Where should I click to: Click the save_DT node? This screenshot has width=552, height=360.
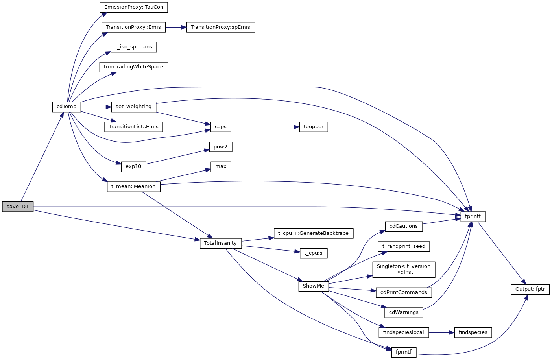click(18, 207)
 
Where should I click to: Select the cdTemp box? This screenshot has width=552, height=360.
click(66, 107)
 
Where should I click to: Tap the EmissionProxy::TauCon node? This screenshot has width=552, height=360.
click(134, 7)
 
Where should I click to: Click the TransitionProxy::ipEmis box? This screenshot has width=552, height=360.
click(220, 27)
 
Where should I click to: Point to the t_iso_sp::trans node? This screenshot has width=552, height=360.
click(133, 47)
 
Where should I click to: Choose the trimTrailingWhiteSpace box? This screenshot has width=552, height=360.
click(133, 67)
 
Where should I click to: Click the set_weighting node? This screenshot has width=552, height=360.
click(133, 107)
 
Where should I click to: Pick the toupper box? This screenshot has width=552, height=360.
click(313, 127)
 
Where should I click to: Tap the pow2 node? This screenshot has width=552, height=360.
click(220, 147)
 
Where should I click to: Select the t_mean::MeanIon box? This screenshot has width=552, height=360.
click(133, 186)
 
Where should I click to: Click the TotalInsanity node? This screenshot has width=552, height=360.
click(220, 243)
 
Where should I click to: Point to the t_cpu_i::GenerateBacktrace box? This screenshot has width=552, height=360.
click(313, 233)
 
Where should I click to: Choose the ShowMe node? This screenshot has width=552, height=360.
click(313, 286)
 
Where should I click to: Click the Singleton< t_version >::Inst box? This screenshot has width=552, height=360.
click(404, 269)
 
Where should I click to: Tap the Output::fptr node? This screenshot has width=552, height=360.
click(530, 289)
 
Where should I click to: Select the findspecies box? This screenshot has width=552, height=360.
click(473, 332)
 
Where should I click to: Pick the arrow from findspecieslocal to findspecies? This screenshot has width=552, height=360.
click(441, 332)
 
